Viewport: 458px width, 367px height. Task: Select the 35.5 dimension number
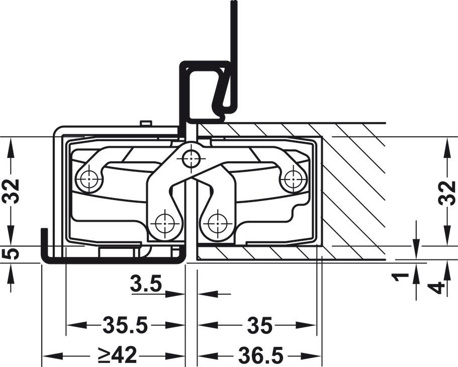tap(126, 325)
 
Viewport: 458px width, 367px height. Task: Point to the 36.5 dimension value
tap(260, 355)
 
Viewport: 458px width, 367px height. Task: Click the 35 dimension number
tap(260, 325)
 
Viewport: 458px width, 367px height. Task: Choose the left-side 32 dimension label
tap(11, 191)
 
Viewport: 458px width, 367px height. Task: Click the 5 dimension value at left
tap(11, 253)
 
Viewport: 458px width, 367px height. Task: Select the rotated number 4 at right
tap(437, 288)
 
